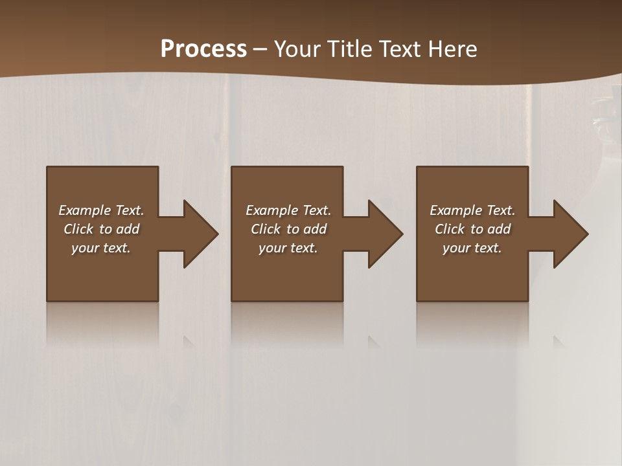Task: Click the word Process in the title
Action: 203,49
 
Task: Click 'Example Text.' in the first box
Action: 101,210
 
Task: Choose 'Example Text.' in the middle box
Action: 288,210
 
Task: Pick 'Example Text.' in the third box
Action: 472,210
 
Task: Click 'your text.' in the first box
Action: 101,248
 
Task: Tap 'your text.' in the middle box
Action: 288,248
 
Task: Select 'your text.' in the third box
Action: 472,248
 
